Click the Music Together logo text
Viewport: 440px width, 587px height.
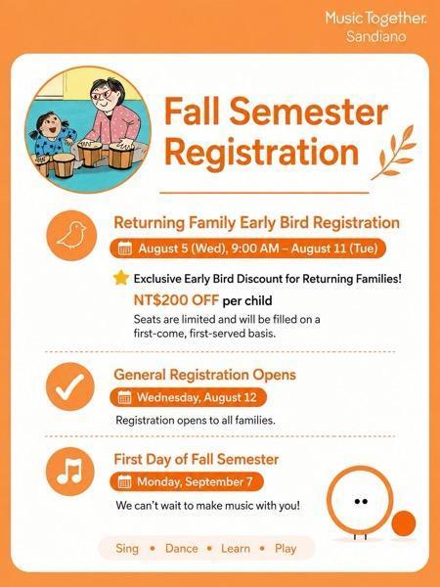tap(375, 18)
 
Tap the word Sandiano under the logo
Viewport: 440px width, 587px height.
tap(375, 37)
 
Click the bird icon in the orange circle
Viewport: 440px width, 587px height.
tap(71, 235)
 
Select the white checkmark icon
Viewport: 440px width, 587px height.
tap(70, 386)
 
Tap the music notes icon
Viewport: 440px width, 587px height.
tap(69, 471)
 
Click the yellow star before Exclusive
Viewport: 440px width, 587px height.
tap(121, 278)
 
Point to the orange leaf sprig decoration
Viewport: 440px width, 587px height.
tap(393, 152)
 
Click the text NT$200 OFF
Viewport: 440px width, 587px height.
tap(176, 300)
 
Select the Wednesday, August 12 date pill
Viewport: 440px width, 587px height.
tap(188, 397)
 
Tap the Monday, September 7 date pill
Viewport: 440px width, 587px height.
tap(187, 481)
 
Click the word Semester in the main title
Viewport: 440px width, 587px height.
tap(309, 112)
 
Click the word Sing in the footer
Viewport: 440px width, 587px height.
tap(127, 549)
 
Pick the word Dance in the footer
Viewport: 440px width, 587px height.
tap(182, 549)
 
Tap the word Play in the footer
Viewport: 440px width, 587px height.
tap(286, 549)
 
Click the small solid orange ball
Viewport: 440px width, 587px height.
tap(404, 523)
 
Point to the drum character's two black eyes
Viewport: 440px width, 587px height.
tap(361, 501)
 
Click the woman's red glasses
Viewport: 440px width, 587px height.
tap(102, 94)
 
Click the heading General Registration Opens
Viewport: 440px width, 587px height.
tap(204, 375)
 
